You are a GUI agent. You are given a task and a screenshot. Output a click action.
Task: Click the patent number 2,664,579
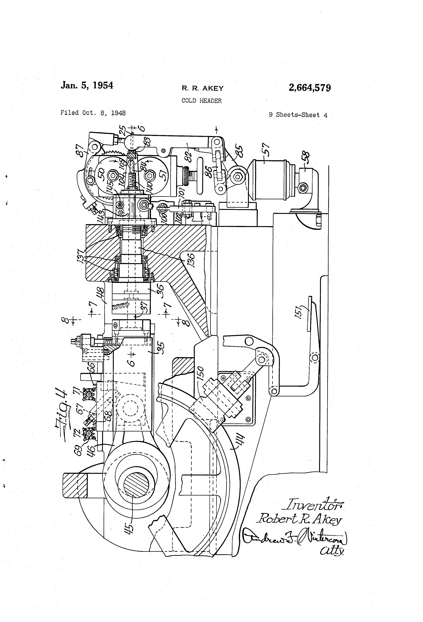pyautogui.click(x=309, y=88)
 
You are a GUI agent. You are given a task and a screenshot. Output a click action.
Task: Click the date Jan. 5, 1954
pyautogui.click(x=87, y=85)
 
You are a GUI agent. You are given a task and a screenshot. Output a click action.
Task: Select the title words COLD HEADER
pyautogui.click(x=201, y=101)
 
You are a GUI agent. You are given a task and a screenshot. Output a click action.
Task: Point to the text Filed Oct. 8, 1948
pyautogui.click(x=93, y=113)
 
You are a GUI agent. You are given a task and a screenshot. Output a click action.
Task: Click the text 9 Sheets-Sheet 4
pyautogui.click(x=298, y=115)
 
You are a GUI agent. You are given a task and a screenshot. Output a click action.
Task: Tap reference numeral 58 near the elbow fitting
pyautogui.click(x=305, y=158)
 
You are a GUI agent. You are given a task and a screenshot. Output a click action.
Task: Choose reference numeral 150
pyautogui.click(x=201, y=373)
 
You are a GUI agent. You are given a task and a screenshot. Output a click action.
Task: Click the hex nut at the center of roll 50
pyautogui.click(x=112, y=176)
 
